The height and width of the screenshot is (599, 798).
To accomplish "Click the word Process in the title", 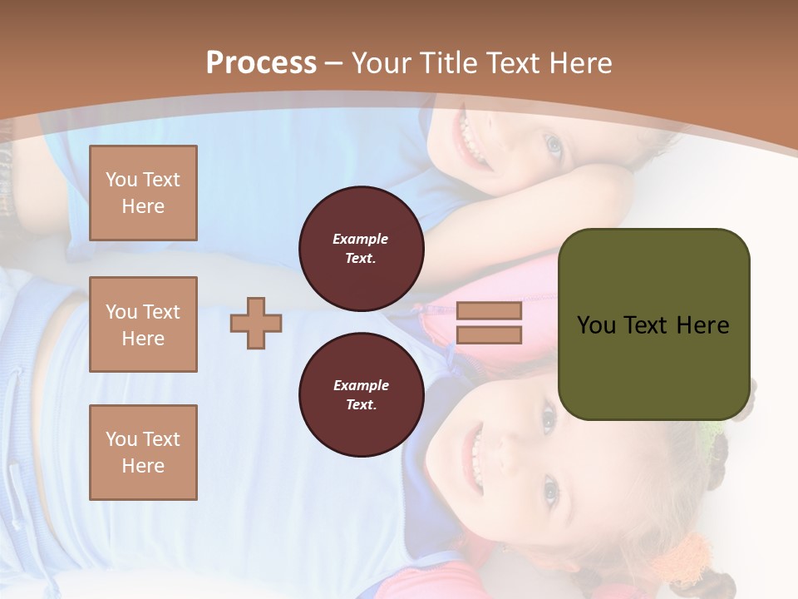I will pyautogui.click(x=261, y=63).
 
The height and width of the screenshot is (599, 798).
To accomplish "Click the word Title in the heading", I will pyautogui.click(x=445, y=63).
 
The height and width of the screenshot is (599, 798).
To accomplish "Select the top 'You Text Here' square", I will pyautogui.click(x=143, y=193).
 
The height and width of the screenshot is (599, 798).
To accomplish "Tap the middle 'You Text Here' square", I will pyautogui.click(x=143, y=324).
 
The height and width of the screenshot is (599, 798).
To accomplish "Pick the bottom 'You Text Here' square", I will pyautogui.click(x=143, y=453).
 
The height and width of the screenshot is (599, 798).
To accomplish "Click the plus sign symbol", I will pyautogui.click(x=256, y=323).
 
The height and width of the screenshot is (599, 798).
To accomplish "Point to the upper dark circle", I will pyautogui.click(x=361, y=249).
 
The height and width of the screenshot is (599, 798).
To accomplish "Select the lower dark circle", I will pyautogui.click(x=361, y=394).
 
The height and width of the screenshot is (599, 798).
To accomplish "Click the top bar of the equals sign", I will pyautogui.click(x=489, y=311).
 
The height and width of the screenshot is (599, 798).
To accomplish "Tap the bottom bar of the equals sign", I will pyautogui.click(x=489, y=335).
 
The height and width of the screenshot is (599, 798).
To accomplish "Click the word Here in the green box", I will pyautogui.click(x=702, y=325).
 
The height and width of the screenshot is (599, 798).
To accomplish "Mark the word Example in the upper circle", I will pyautogui.click(x=360, y=239).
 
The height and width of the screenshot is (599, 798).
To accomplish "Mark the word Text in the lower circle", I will pyautogui.click(x=360, y=405).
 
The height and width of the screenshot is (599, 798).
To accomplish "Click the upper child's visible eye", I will pyautogui.click(x=553, y=146).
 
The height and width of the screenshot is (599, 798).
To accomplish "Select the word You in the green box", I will pyautogui.click(x=596, y=325).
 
